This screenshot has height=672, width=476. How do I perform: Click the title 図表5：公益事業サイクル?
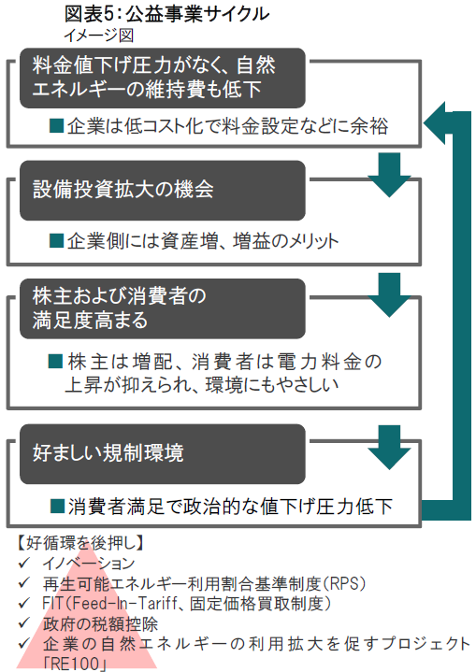[166, 14]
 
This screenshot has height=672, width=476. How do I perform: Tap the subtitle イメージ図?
[98, 36]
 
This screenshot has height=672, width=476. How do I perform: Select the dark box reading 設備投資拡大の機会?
[163, 191]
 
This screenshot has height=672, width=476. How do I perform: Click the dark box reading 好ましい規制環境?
[163, 454]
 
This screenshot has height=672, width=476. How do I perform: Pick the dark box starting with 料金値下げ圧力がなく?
[163, 78]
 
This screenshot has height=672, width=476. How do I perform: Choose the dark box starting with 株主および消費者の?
[163, 308]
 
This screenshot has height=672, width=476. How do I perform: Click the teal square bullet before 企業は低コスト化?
[57, 125]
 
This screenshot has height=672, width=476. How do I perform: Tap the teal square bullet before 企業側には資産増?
[57, 241]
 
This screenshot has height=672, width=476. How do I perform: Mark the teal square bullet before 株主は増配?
[56, 362]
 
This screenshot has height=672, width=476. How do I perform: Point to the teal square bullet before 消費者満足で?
[57, 506]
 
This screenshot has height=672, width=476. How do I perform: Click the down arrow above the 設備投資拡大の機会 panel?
[389, 175]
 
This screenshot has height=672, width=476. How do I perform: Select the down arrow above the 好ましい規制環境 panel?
[389, 448]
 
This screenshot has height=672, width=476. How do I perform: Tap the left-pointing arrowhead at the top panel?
[435, 123]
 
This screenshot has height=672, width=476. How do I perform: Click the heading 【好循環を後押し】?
[79, 543]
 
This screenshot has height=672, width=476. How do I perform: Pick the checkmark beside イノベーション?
[24, 562]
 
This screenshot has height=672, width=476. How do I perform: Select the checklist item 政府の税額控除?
[100, 624]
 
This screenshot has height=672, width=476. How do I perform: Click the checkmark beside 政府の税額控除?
[24, 622]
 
